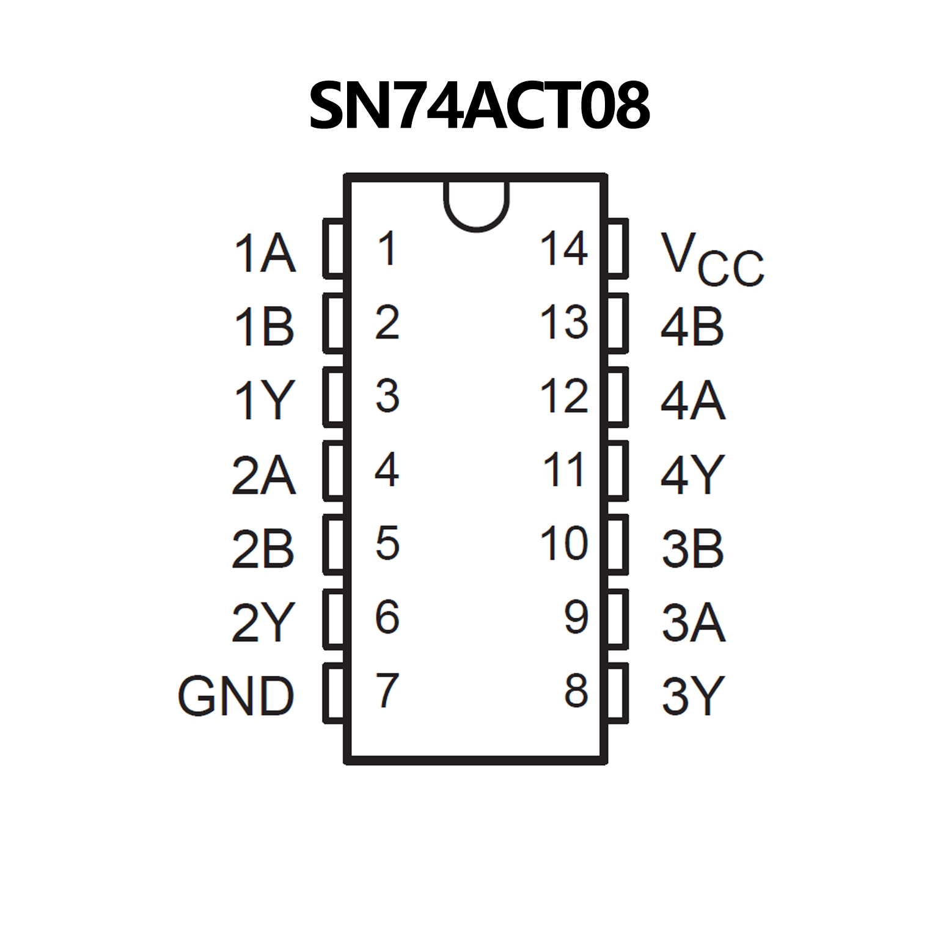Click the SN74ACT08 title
click(x=479, y=106)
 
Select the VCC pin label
click(x=711, y=259)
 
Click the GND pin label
click(x=236, y=696)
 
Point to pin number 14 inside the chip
click(x=563, y=249)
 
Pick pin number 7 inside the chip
click(x=387, y=690)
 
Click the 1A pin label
click(x=265, y=254)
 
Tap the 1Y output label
click(x=265, y=400)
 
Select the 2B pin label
click(x=263, y=549)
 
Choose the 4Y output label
click(x=692, y=474)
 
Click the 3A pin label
click(x=693, y=623)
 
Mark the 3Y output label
click(x=692, y=696)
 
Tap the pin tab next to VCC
click(x=618, y=248)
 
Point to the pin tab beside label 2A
click(x=334, y=470)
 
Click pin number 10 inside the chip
click(x=563, y=543)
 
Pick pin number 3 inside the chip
click(x=387, y=396)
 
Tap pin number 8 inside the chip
click(x=576, y=691)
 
